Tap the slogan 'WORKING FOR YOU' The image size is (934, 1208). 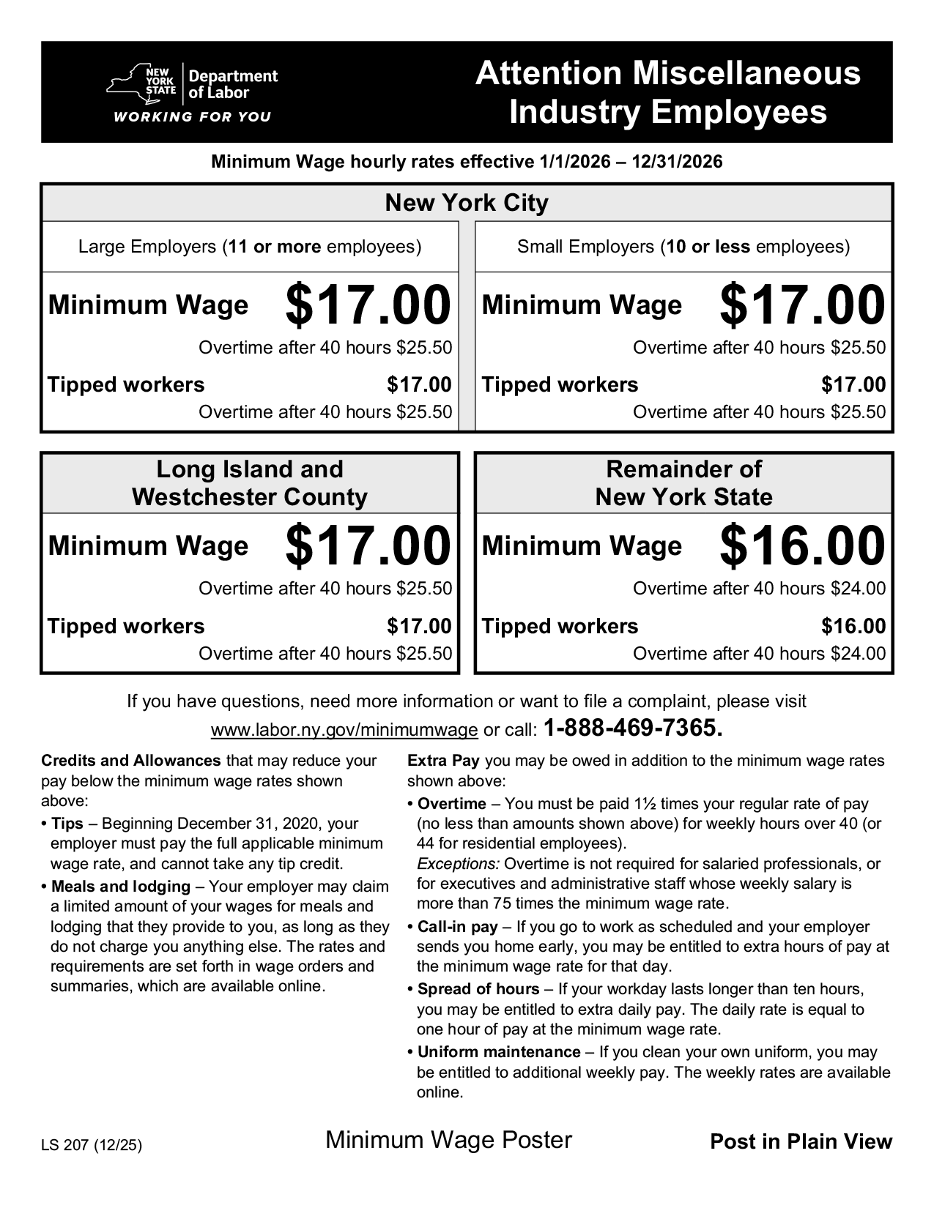191,117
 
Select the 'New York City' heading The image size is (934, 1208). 467,203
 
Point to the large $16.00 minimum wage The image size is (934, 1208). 802,546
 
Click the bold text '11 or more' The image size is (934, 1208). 275,247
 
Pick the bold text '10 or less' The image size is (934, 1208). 708,247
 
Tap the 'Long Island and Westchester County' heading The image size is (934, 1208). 250,483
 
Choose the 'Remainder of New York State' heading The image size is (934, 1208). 683,483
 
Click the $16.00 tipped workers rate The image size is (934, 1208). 853,627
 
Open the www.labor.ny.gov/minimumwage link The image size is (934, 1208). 344,730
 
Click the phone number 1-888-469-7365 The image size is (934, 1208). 634,728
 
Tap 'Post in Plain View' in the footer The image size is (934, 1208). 801,1142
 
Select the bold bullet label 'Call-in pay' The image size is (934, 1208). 458,927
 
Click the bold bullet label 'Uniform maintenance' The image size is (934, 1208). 499,1052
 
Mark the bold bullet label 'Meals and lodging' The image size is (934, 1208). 121,887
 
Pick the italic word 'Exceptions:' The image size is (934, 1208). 459,864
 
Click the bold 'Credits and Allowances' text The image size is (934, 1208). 131,761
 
